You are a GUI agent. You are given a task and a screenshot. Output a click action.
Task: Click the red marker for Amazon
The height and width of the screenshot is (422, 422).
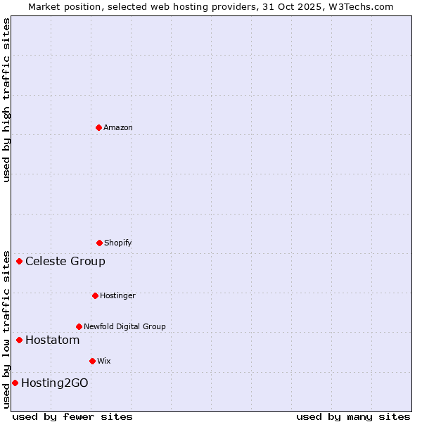click(98, 127)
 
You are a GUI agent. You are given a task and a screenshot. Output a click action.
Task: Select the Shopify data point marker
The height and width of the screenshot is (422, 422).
click(99, 243)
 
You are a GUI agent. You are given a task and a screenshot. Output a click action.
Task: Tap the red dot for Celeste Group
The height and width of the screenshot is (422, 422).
click(19, 262)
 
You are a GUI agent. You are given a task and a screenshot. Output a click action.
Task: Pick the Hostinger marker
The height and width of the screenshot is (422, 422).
click(95, 295)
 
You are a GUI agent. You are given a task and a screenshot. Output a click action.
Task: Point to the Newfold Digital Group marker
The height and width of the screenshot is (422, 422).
click(79, 326)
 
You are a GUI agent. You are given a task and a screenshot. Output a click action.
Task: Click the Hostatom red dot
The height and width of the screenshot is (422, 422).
click(19, 340)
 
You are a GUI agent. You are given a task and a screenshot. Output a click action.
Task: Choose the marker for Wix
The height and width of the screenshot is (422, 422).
click(92, 361)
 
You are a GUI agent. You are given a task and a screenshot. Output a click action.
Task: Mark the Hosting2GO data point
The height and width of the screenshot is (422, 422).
click(15, 383)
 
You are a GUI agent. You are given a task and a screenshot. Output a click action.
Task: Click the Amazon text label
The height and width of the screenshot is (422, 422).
click(118, 127)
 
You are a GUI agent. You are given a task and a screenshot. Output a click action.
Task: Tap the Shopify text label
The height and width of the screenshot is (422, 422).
click(118, 243)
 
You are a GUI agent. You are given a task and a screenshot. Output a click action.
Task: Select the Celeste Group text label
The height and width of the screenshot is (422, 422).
click(65, 262)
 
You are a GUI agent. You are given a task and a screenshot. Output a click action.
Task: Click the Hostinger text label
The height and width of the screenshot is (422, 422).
click(117, 295)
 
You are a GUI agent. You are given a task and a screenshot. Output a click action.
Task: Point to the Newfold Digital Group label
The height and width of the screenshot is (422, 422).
click(124, 326)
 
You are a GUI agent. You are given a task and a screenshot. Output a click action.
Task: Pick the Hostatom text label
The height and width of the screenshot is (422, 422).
click(52, 340)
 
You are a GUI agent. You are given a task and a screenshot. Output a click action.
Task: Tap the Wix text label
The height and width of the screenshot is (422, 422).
click(104, 361)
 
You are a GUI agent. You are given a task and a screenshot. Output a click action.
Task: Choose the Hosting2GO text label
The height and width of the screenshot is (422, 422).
click(55, 383)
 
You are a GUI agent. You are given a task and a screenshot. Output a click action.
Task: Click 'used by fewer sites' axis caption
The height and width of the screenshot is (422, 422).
click(72, 416)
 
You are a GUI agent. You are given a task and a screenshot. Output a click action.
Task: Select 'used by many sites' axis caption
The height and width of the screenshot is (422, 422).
click(353, 416)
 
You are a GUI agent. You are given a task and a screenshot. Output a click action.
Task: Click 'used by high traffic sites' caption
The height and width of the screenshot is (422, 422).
click(6, 100)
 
